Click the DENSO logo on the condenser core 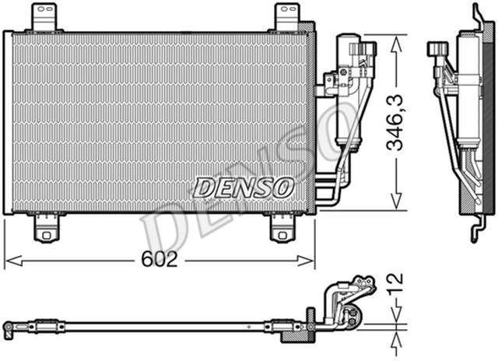[x=244, y=188]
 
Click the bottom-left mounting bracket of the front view [x=45, y=229]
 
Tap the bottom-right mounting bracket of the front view [x=282, y=229]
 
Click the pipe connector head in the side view [x=436, y=50]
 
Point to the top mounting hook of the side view [x=477, y=16]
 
